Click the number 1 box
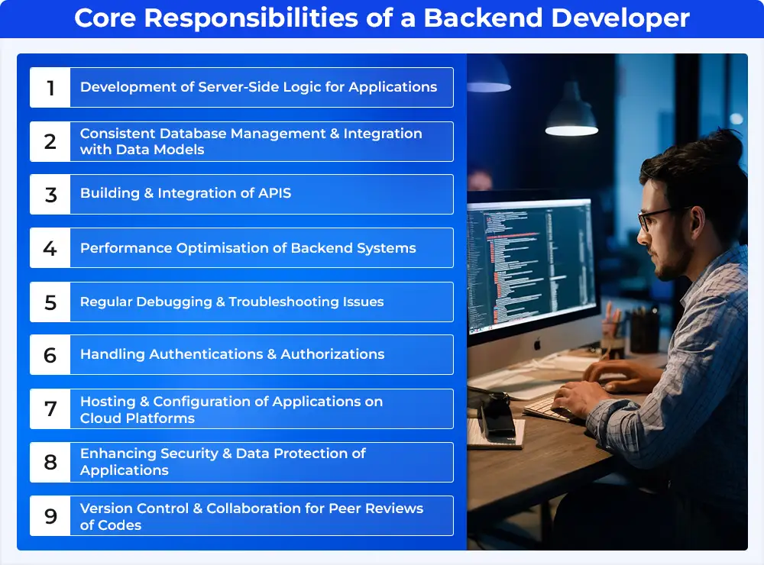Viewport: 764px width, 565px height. (x=50, y=88)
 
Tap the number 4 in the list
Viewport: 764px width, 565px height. (x=50, y=248)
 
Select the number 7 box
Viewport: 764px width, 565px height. (x=50, y=408)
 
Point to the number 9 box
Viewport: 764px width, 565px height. (x=50, y=516)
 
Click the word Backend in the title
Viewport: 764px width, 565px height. (x=483, y=18)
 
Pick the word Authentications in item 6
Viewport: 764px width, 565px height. (x=206, y=354)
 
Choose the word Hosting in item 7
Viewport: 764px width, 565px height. (x=108, y=402)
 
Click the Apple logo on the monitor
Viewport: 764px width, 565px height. (x=537, y=344)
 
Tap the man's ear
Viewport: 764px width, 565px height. (x=696, y=224)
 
